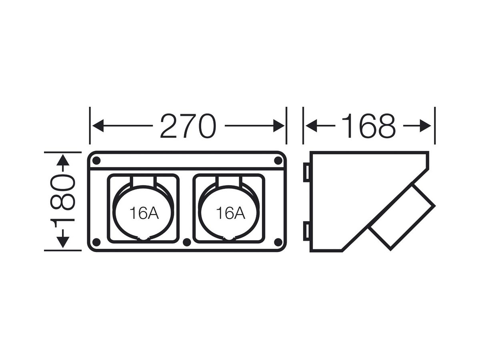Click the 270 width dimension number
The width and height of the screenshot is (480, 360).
point(188,126)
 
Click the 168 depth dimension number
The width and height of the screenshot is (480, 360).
point(369,126)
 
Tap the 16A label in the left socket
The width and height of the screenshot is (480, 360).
point(144,213)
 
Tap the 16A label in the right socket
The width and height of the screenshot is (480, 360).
point(230,213)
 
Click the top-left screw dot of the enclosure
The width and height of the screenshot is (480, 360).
point(97,161)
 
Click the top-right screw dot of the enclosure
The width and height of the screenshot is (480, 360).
point(278,161)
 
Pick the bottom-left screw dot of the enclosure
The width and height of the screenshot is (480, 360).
point(97,242)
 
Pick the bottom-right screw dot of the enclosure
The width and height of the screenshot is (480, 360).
point(278,242)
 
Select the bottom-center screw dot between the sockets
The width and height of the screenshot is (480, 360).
point(186,242)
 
